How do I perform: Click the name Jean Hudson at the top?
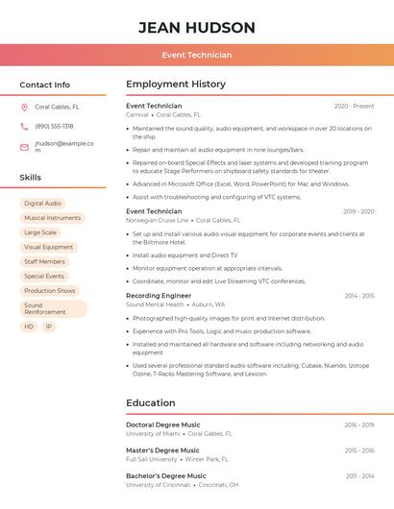tap(196, 27)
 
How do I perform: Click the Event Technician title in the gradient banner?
tap(196, 56)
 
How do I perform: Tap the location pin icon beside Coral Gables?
tap(24, 108)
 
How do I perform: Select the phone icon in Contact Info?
tap(24, 127)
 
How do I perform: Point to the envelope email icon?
tap(24, 147)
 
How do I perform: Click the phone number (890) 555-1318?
tap(54, 127)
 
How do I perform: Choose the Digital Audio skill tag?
tap(42, 204)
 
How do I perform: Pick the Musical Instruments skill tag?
tap(52, 218)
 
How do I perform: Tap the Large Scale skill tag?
tap(40, 232)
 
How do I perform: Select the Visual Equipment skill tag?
tap(48, 247)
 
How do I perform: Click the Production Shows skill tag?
tap(50, 290)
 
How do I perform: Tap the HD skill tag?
tap(29, 327)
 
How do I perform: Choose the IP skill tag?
tap(49, 327)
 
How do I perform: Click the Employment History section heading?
tap(176, 85)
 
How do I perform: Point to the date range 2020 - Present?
tap(354, 106)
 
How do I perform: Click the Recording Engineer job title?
tap(158, 296)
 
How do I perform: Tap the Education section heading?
tap(151, 403)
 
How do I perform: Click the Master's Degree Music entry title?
tap(162, 450)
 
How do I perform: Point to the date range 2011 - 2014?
tap(359, 476)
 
